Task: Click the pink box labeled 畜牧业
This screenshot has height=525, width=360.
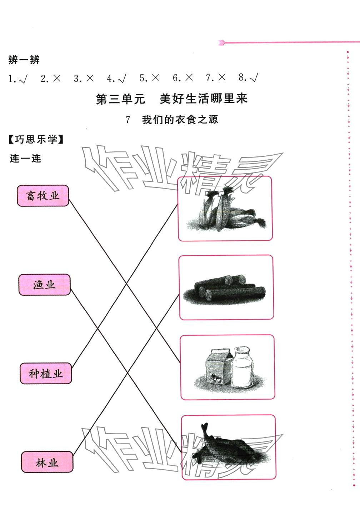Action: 43,195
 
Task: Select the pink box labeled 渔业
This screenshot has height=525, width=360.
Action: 44,285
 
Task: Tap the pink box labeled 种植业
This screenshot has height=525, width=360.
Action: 46,374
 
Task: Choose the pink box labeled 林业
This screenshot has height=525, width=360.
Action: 47,462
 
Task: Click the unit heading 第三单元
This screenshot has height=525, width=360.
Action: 121,99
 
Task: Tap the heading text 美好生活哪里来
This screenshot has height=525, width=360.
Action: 203,99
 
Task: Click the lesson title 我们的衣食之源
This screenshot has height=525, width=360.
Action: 180,120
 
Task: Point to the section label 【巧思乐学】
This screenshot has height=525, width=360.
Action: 36,140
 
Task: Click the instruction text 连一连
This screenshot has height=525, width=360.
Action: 25,158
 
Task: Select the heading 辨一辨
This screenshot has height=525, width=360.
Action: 24,60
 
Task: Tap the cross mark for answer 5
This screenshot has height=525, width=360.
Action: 155,78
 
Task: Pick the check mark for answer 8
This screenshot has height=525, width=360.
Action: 254,78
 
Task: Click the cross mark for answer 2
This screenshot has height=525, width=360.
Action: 56,78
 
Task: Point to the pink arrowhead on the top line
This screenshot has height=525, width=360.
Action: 221,43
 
